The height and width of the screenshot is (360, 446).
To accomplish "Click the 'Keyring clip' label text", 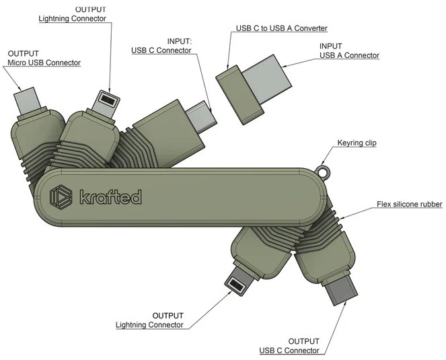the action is pyautogui.click(x=357, y=143).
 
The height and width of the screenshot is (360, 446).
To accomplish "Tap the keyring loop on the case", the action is pyautogui.click(x=324, y=171).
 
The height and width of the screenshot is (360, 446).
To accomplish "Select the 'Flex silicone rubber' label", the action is pyautogui.click(x=409, y=204).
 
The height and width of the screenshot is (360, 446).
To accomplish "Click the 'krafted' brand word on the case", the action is pyautogui.click(x=110, y=196).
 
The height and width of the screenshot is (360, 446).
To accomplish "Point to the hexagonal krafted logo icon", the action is pyautogui.click(x=61, y=196).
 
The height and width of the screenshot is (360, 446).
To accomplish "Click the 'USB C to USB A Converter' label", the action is pyautogui.click(x=282, y=28).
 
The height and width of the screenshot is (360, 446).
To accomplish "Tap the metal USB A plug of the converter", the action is pyautogui.click(x=267, y=78).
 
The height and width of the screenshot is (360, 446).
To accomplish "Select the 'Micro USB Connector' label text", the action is pyautogui.click(x=44, y=63).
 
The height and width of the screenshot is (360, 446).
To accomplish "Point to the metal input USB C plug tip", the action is pyautogui.click(x=202, y=116).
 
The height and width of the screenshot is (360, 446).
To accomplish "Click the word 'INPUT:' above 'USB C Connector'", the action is pyautogui.click(x=180, y=42).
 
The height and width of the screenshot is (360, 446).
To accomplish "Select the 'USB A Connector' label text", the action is pyautogui.click(x=349, y=55).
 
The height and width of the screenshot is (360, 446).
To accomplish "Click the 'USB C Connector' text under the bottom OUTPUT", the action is pyautogui.click(x=289, y=351).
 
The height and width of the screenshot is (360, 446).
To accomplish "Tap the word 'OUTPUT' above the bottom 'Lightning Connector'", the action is pyautogui.click(x=168, y=316).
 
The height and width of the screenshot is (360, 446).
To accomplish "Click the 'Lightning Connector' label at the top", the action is pyautogui.click(x=72, y=18).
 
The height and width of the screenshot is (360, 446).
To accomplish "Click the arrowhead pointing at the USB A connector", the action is pyautogui.click(x=285, y=66).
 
